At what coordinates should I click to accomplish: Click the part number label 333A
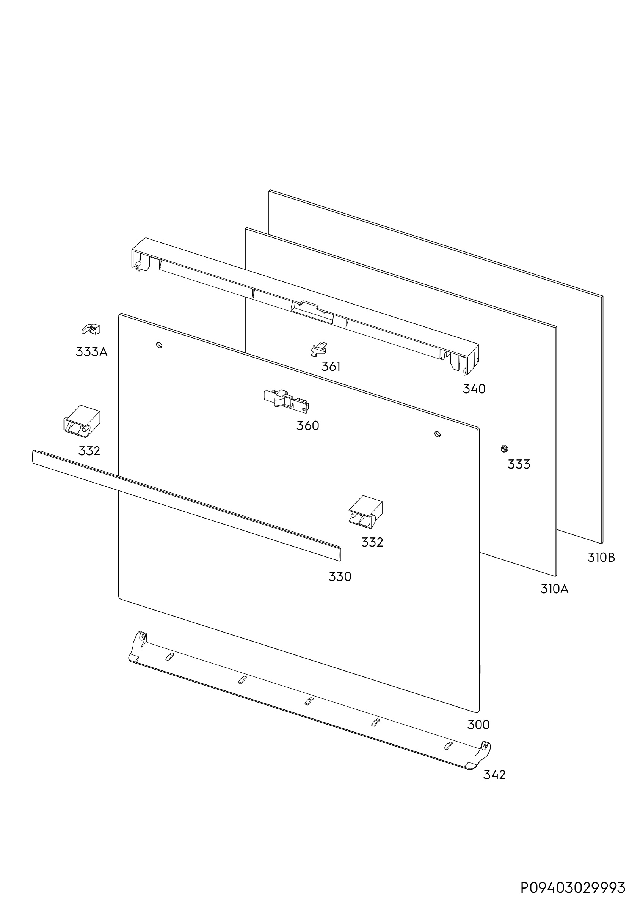tap(91, 351)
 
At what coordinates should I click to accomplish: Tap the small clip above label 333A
tap(91, 329)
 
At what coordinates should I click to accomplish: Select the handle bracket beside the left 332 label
tap(82, 421)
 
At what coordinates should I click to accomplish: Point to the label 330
tap(340, 577)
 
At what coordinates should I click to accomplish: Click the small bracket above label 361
tap(319, 349)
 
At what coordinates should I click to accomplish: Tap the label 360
tap(307, 426)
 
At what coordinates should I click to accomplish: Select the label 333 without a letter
tap(519, 464)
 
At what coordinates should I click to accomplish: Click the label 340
tap(474, 389)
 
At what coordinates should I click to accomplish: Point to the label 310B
tap(601, 558)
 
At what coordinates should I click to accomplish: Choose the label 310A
tap(554, 589)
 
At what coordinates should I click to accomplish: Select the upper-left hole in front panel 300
tap(159, 345)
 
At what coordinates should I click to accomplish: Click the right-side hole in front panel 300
tap(438, 434)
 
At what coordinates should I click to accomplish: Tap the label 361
tap(331, 367)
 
